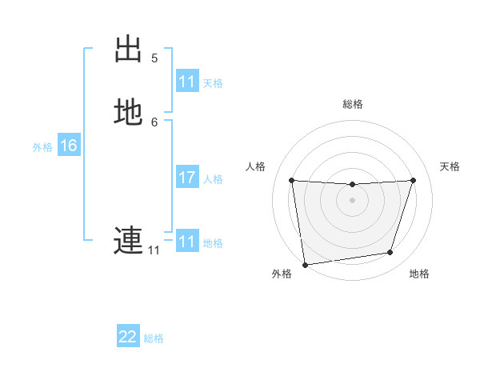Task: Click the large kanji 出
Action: pos(129,50)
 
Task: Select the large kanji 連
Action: pos(128,239)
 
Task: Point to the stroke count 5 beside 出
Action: pos(154,58)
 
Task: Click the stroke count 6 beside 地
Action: pos(154,122)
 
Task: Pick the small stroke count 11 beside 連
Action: pos(154,250)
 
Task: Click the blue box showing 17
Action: pos(187,178)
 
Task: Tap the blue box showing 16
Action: pos(69,146)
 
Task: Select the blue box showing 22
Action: pos(128,337)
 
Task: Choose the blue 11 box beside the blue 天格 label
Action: pos(187,82)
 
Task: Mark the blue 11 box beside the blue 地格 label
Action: pos(187,242)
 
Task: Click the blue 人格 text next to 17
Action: pos(213,179)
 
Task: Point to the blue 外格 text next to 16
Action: pos(42,147)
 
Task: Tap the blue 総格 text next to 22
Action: pos(154,338)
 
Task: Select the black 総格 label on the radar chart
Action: pos(353,104)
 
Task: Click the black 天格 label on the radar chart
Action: pos(450,166)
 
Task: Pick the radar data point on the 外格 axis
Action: pos(304,263)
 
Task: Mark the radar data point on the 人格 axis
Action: pos(291,180)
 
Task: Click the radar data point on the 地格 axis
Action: pos(390,253)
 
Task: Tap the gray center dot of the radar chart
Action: pos(352,200)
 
